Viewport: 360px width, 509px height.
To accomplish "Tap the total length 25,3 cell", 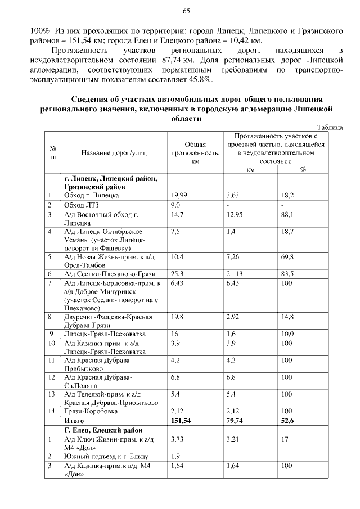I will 176,274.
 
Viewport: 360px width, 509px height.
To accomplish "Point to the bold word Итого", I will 74,420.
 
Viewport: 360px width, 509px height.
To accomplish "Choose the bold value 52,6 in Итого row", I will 288,420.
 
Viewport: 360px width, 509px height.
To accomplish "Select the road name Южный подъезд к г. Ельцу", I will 103,456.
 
